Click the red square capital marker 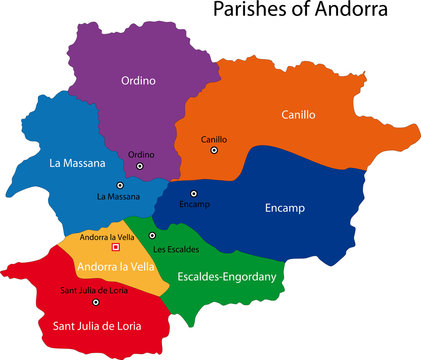[115, 247]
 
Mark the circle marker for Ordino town [140, 166]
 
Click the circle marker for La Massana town [120, 185]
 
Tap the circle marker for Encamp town [195, 193]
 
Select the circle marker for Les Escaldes [153, 236]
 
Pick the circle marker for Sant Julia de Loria [96, 301]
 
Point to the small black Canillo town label [213, 139]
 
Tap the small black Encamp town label [194, 205]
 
